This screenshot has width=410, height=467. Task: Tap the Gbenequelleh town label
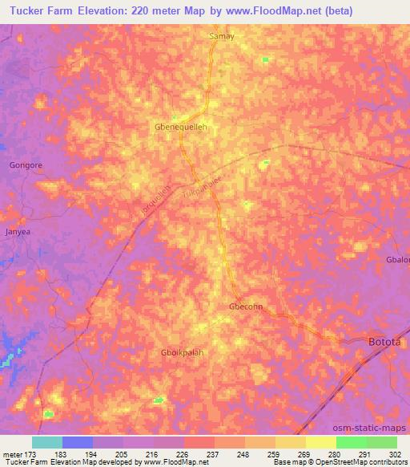(182, 127)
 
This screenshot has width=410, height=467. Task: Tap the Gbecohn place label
(246, 307)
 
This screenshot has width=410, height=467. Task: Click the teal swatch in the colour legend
(47, 442)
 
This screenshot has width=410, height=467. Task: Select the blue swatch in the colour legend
(78, 442)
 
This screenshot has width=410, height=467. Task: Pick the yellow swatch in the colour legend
(321, 442)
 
